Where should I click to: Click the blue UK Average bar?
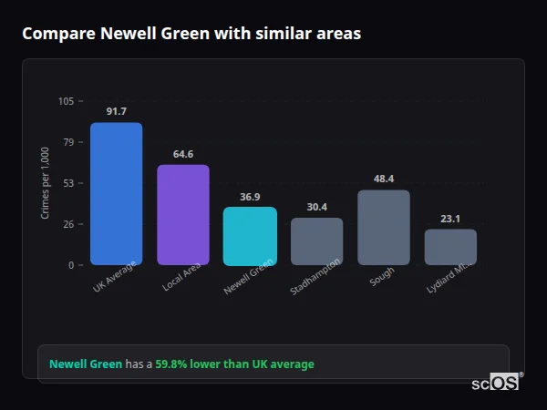(x=116, y=193)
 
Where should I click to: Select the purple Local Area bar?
(x=183, y=215)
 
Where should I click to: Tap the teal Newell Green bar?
(x=250, y=236)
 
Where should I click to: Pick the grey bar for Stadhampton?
(x=316, y=241)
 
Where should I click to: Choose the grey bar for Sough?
(x=383, y=227)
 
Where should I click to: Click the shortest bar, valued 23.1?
(x=450, y=247)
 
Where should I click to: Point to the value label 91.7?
(x=116, y=111)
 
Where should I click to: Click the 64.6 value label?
(x=183, y=154)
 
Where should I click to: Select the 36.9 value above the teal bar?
(x=250, y=197)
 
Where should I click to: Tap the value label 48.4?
(x=383, y=179)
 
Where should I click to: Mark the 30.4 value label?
(x=316, y=207)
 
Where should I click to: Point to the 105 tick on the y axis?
(x=66, y=101)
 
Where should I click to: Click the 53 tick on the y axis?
(x=68, y=183)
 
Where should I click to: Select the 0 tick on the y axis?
(x=71, y=265)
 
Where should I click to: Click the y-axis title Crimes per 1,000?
(x=46, y=183)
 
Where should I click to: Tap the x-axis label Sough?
(x=382, y=277)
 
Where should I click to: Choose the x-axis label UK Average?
(x=114, y=277)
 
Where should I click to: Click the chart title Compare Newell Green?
(x=191, y=34)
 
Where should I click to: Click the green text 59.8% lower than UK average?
(x=234, y=364)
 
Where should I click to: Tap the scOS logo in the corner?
(x=496, y=383)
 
